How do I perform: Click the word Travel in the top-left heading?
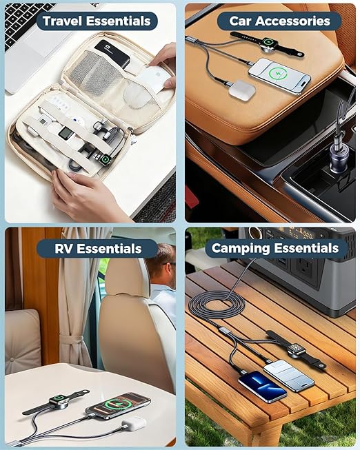click(x=62, y=21)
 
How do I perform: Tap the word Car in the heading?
click(x=240, y=21)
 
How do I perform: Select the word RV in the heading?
click(x=63, y=249)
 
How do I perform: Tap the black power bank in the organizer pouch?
click(x=112, y=54)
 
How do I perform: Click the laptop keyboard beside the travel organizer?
click(x=26, y=23)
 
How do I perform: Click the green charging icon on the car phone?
click(x=276, y=74)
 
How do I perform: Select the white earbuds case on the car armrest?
click(x=242, y=90)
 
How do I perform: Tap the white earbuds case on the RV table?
click(x=134, y=423)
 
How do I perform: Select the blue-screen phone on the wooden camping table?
click(x=262, y=386)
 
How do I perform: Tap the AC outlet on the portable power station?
click(x=305, y=269)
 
